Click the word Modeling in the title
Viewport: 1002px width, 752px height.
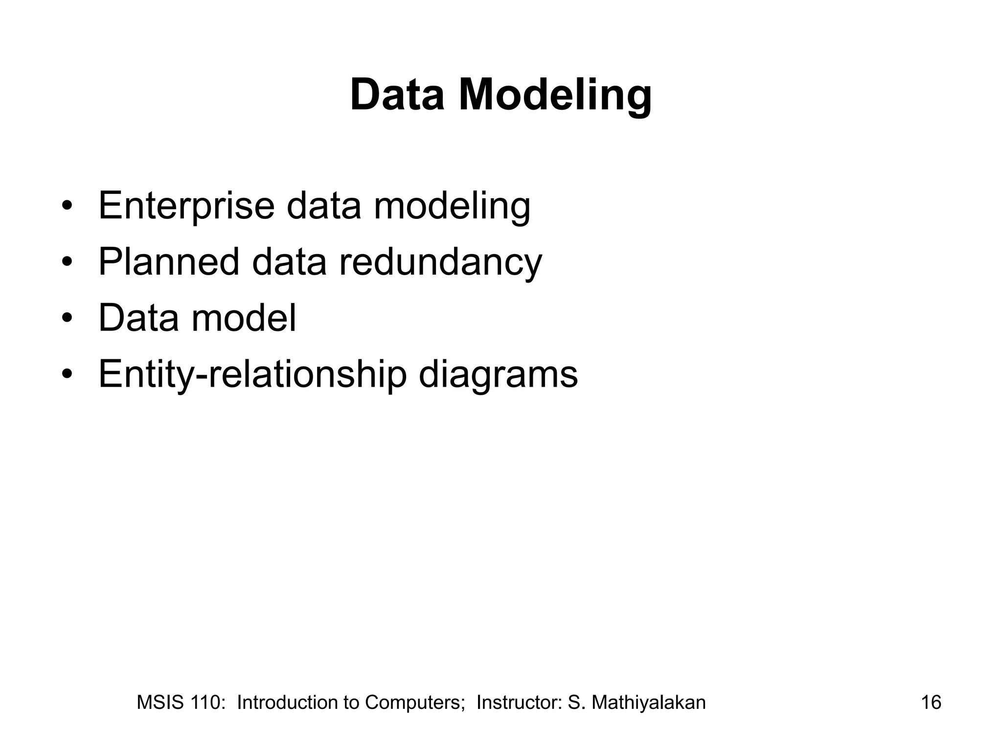(555, 95)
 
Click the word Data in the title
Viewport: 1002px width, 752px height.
(397, 95)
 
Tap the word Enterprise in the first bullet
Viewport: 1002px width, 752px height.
(186, 206)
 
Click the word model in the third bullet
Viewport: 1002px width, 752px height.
(243, 318)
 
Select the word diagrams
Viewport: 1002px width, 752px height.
(498, 375)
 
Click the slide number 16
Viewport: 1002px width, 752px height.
(931, 703)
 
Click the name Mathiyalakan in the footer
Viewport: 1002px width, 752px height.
(648, 703)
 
